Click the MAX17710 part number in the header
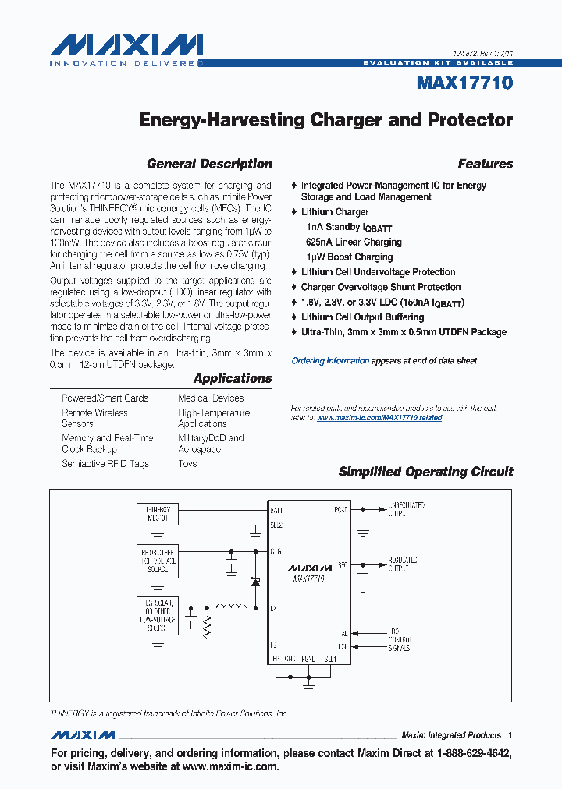click(x=464, y=83)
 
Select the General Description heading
click(x=209, y=164)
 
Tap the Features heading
click(x=485, y=164)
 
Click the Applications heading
click(x=233, y=378)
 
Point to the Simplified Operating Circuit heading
click(x=425, y=472)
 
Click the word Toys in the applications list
click(x=187, y=464)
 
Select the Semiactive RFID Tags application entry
click(x=105, y=464)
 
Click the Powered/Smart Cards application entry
click(x=105, y=398)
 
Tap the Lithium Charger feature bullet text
click(x=335, y=212)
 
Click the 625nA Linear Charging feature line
click(x=354, y=242)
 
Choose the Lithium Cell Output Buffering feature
click(x=362, y=317)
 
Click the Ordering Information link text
click(x=330, y=361)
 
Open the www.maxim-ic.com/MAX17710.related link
click(x=379, y=418)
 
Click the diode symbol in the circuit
click(x=254, y=582)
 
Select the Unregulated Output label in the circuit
click(x=406, y=510)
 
